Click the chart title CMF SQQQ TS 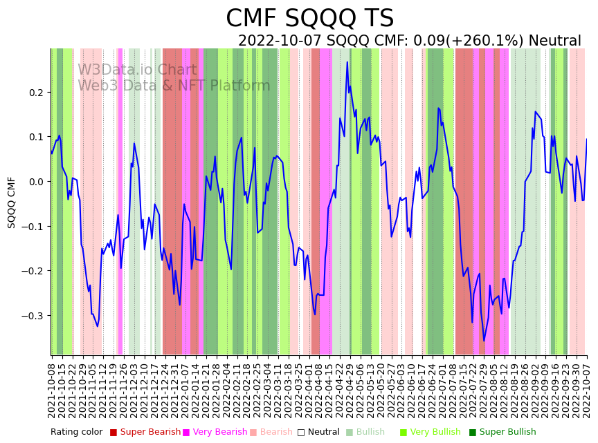click(x=309, y=19)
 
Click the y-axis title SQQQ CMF click(x=12, y=202)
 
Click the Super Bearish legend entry click(x=145, y=433)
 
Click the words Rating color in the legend click(x=76, y=433)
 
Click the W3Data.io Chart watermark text click(x=137, y=70)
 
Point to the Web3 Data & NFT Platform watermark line click(x=174, y=86)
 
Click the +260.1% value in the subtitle click(x=494, y=41)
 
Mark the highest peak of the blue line click(x=347, y=62)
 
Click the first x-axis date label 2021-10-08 click(x=52, y=388)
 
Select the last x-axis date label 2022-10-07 click(x=587, y=388)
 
